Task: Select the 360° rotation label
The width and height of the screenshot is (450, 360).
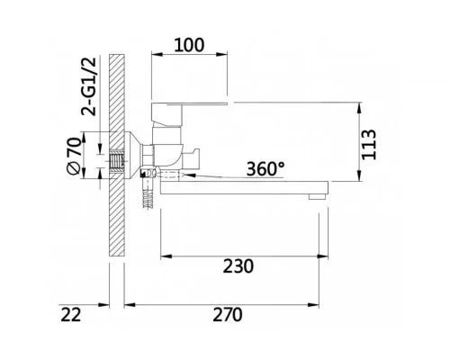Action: tap(267, 167)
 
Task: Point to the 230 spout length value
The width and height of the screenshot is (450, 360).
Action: tap(239, 267)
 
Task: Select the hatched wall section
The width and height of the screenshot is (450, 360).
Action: tap(115, 162)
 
